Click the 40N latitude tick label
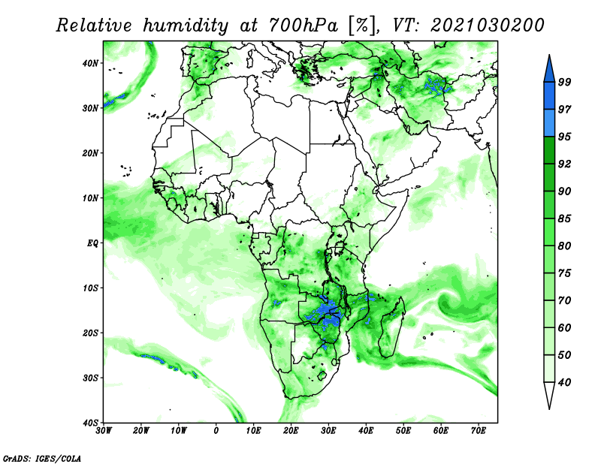tap(90, 63)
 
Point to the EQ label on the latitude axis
tap(92, 243)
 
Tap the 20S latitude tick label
tap(90, 333)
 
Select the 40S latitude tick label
tap(90, 423)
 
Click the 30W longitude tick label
tap(104, 431)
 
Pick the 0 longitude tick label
tap(216, 431)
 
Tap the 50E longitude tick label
tap(403, 431)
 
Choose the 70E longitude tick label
tap(479, 431)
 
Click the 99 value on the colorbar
tap(564, 82)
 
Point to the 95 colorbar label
tap(564, 137)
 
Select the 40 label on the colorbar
tap(564, 382)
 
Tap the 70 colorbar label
tap(564, 300)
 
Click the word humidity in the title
tap(186, 26)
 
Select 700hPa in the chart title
tap(303, 26)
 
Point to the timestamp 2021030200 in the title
tap(487, 26)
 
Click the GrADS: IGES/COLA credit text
tap(42, 458)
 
